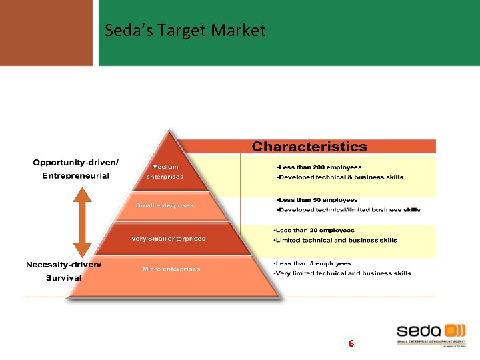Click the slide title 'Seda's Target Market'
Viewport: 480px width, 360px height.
pos(185,31)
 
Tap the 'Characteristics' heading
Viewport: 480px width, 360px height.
pos(309,147)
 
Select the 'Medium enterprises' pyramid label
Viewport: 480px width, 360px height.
pos(165,171)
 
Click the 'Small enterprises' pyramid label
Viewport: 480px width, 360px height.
pos(165,205)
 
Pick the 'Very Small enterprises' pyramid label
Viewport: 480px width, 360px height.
pos(169,238)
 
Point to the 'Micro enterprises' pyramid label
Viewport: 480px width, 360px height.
pos(171,269)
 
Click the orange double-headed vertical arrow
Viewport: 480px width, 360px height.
pos(82,222)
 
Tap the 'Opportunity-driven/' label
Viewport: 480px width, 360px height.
pos(76,163)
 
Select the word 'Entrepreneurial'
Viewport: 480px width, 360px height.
pos(76,175)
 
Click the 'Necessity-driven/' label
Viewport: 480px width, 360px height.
pos(64,265)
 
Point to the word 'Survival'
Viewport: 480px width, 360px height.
pos(64,277)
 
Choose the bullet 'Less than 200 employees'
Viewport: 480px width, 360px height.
pos(319,167)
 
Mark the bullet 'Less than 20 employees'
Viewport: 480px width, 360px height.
pos(314,230)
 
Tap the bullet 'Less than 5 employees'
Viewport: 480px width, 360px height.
pos(313,263)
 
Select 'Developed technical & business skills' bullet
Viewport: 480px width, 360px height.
pos(339,177)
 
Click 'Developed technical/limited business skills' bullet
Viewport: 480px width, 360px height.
pos(348,209)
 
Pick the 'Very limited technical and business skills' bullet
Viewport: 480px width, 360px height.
pos(343,273)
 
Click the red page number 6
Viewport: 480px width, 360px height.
pos(351,344)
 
